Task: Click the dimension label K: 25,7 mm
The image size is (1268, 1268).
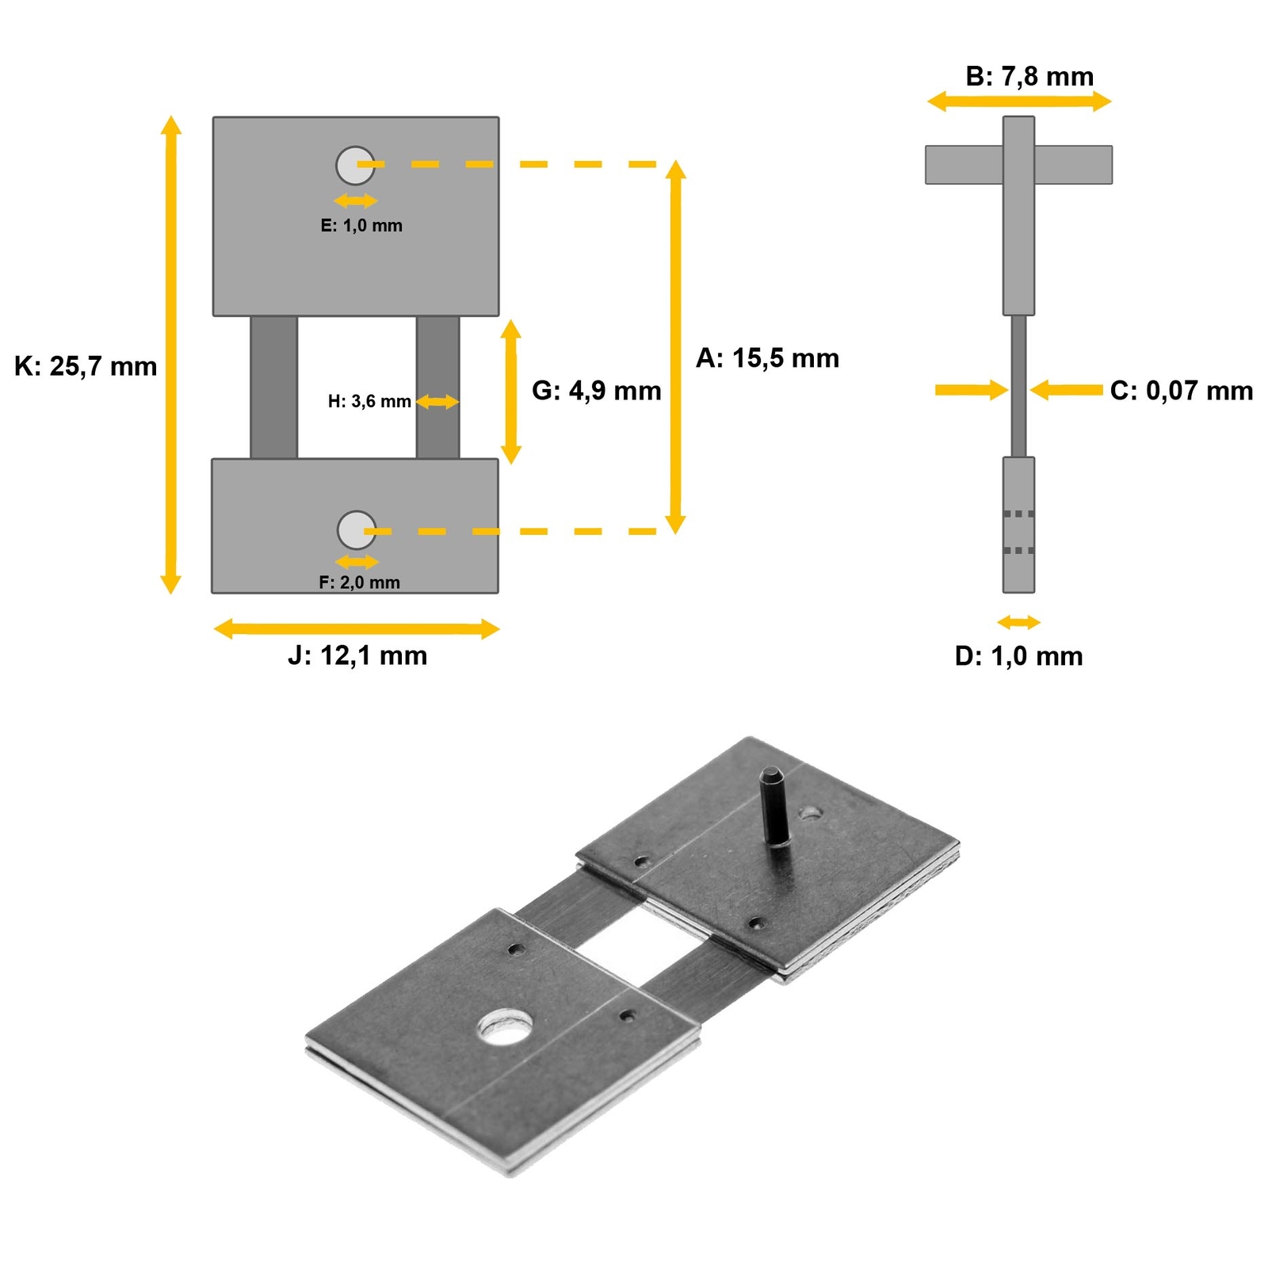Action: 86,366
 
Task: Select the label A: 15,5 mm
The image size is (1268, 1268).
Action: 766,358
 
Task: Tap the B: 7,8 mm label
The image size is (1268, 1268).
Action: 1029,76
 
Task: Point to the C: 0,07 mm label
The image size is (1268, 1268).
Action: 1181,390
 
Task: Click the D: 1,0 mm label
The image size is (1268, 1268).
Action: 1018,656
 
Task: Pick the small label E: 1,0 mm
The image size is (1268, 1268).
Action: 361,226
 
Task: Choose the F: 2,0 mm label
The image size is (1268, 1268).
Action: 359,582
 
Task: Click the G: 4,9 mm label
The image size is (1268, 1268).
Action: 596,391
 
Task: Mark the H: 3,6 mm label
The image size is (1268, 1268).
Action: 369,402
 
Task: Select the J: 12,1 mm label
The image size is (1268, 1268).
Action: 357,655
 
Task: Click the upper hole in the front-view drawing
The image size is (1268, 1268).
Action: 355,165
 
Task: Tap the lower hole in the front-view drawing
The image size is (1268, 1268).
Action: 357,530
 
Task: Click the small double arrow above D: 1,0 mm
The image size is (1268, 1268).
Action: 1018,622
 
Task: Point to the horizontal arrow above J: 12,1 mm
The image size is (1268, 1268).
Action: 357,629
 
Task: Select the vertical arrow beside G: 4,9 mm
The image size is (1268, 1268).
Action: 511,391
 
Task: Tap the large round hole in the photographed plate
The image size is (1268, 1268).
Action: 505,1025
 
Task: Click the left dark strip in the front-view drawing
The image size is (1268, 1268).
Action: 274,388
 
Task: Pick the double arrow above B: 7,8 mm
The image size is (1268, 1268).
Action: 1019,101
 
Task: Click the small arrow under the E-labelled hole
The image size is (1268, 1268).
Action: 356,201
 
